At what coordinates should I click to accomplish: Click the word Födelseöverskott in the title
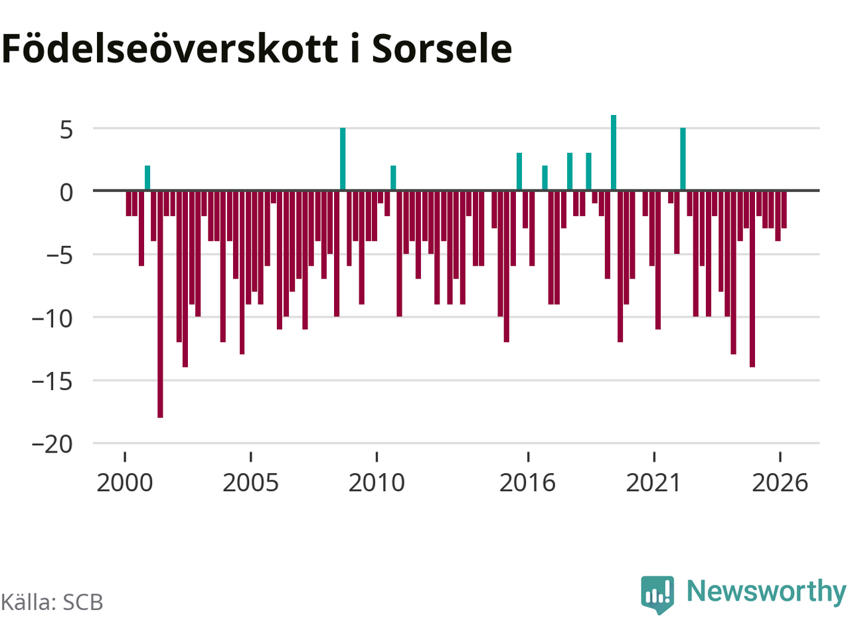169,49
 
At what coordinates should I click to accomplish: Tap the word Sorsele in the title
442,49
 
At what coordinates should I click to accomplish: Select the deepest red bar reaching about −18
160,304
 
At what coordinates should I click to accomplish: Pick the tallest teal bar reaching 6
614,153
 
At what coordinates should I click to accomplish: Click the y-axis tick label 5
66,130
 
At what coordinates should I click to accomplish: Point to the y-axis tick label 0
66,193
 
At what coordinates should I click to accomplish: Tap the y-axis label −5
59,256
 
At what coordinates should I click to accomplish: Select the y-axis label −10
52,319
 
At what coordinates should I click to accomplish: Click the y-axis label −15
52,382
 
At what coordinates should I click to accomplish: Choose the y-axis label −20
52,445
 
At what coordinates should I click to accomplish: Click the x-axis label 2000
125,483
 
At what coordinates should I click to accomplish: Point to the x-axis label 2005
250,483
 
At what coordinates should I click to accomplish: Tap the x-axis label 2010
377,483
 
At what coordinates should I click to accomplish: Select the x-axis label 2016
528,483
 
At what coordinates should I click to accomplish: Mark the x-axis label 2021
653,483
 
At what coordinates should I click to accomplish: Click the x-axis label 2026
780,483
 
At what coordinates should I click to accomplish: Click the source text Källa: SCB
52,602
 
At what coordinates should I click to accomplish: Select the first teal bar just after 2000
147,178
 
